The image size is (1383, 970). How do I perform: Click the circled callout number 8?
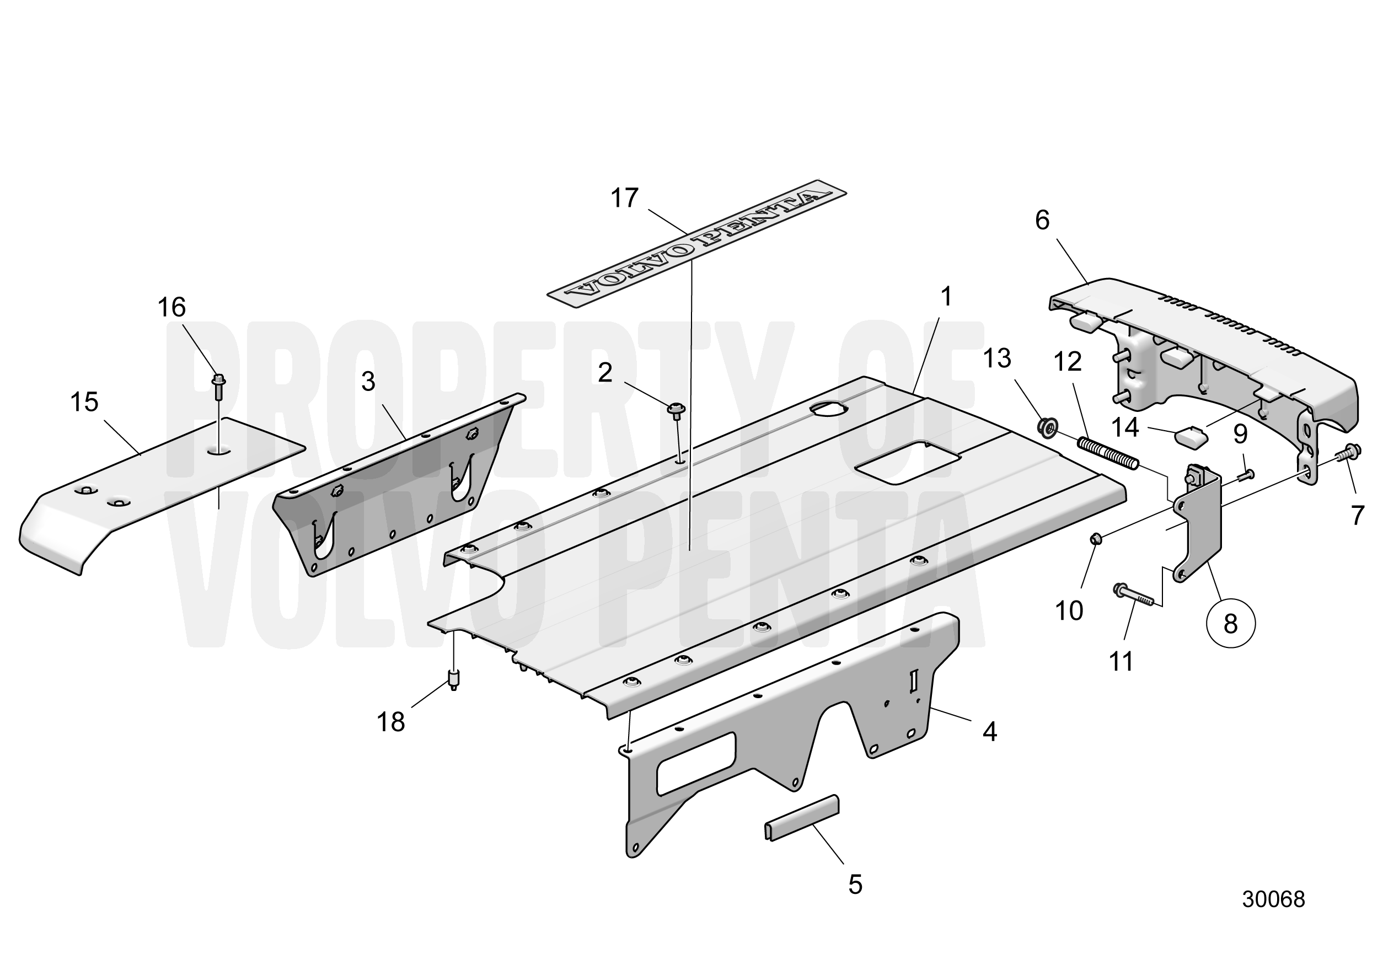coord(1231,624)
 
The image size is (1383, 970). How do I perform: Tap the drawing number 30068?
coord(1273,917)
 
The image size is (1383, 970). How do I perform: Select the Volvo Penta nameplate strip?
coord(697,243)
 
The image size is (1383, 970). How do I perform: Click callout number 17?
coord(624,198)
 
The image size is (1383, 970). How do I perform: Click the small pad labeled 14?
coord(1191,436)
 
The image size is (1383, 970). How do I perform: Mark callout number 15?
coord(84,402)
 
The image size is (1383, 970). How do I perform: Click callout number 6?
coord(1042,221)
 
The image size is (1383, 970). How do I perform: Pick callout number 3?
coord(368,382)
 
